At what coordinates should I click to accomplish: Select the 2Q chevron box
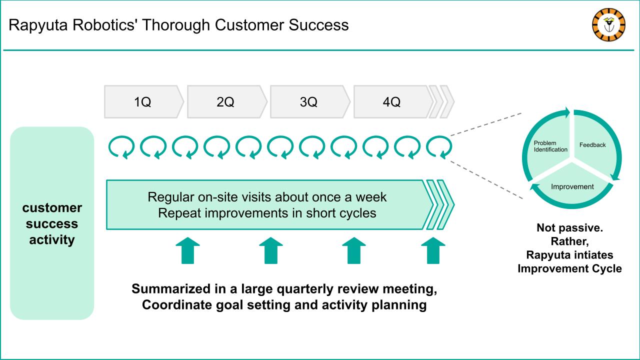click(227, 101)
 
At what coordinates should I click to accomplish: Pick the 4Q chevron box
click(393, 101)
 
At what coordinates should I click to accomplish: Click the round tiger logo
click(608, 25)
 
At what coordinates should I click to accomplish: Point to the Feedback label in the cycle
click(592, 145)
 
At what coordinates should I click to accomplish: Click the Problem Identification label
click(550, 146)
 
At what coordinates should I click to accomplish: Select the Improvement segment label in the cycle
click(572, 186)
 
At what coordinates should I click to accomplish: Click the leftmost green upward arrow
click(187, 250)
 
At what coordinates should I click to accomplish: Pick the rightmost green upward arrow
click(433, 250)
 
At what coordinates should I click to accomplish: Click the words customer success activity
click(52, 223)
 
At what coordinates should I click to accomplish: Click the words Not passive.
click(569, 227)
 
